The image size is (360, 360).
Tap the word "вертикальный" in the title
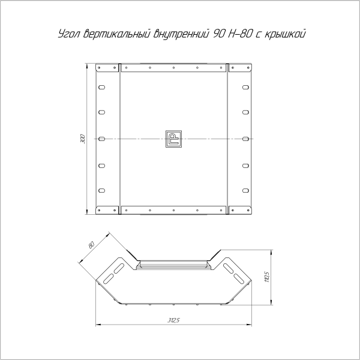(116, 34)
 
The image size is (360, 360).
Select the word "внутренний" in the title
(181, 34)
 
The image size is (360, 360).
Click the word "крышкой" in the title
(286, 34)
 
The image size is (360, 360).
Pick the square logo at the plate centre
(173, 139)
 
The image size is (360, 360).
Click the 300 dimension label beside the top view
(83, 139)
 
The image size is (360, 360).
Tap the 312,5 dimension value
(173, 320)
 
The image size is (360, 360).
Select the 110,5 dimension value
(267, 277)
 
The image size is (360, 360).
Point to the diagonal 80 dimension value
(91, 245)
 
